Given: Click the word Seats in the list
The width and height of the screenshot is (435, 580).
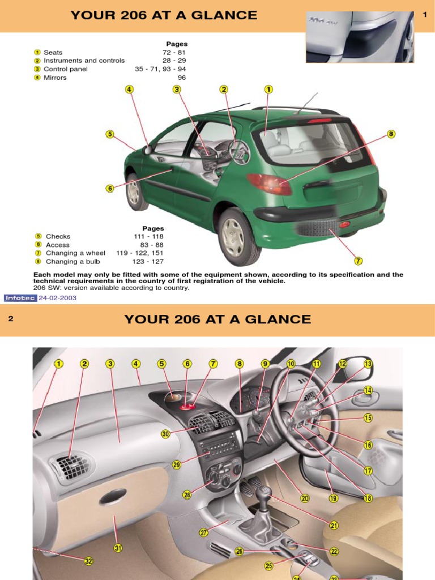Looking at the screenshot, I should [53, 52].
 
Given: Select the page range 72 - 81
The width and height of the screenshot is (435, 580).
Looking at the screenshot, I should [174, 52].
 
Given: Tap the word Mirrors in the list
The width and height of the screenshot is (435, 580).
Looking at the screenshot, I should [55, 78].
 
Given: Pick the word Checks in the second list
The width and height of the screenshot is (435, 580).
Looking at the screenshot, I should [58, 236].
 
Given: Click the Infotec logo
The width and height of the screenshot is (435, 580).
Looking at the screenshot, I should [20, 298].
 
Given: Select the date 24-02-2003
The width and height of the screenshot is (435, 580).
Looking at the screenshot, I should [57, 298].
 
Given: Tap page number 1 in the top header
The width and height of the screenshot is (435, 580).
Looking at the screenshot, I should [424, 15].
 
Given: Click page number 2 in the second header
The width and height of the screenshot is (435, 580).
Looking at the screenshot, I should [10, 319].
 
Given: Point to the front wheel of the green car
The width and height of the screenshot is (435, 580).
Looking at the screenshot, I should [134, 192].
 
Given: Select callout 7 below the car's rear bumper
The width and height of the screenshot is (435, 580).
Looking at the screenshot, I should [358, 261].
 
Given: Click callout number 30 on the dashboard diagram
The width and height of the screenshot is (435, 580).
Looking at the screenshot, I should [165, 434].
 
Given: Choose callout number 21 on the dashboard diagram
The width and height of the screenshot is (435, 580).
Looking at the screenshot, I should [334, 525].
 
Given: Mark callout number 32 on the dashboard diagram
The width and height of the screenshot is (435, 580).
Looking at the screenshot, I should [88, 561].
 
